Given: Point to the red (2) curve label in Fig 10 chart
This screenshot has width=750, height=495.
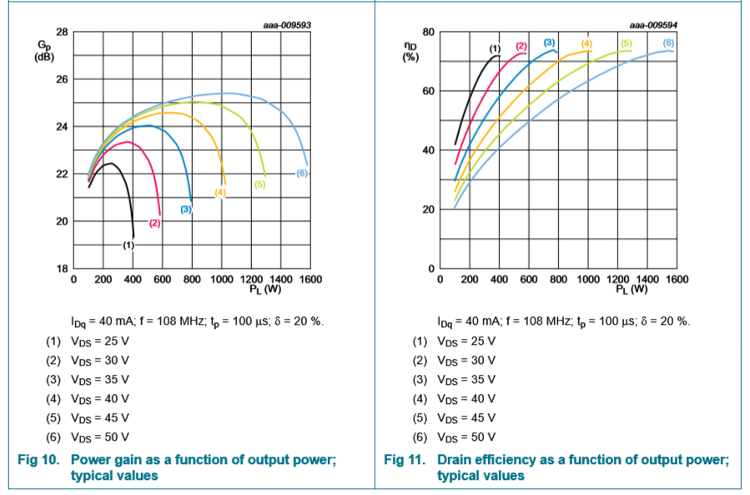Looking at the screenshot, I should [155, 224].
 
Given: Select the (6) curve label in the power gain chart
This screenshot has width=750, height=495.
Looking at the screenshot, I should [302, 173].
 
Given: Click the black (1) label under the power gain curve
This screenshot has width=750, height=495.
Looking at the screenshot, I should [128, 245].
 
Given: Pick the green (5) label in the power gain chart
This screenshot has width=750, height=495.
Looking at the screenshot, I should [259, 184].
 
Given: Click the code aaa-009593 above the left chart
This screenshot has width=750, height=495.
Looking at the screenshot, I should [287, 25].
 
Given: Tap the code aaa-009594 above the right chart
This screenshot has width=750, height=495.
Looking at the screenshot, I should [652, 25].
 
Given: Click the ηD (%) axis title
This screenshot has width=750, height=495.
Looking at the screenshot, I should [410, 51].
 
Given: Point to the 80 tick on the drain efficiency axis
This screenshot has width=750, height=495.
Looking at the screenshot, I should [429, 32].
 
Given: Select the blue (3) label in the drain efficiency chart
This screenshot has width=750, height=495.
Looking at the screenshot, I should [549, 42].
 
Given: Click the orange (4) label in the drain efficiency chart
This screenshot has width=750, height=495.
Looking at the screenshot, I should [586, 43].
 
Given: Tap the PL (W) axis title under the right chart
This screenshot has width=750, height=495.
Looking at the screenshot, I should [632, 290].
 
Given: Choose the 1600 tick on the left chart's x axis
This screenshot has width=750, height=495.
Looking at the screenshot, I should [310, 279].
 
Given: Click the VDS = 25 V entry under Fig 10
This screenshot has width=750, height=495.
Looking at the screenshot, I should [99, 341].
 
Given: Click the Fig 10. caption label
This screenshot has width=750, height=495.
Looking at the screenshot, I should [38, 460].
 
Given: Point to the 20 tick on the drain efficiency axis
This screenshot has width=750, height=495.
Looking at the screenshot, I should [429, 210].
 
